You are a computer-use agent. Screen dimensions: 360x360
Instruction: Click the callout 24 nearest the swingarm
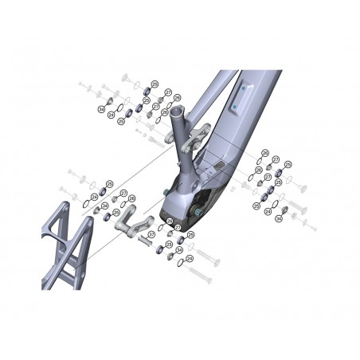coord(94,197)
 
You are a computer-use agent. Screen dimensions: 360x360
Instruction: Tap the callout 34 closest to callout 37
coord(179,250)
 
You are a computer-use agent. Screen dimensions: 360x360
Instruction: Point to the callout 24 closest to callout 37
coord(189,258)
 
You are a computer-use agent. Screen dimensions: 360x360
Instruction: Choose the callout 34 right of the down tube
coord(268,213)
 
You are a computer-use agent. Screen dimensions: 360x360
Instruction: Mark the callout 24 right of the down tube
coord(256,206)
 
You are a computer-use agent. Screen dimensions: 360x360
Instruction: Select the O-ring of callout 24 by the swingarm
coord(85,204)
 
